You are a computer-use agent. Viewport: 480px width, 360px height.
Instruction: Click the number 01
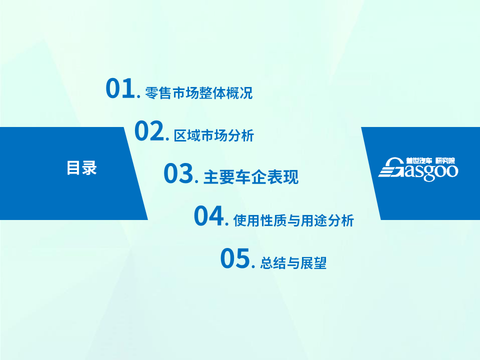120,88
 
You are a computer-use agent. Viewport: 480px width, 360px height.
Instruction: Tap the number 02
149,130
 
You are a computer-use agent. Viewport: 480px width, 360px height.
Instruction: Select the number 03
178,173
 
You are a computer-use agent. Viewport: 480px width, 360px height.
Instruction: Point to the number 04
209,216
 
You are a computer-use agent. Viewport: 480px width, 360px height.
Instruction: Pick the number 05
235,258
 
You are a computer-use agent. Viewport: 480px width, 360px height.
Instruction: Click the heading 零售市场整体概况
198,93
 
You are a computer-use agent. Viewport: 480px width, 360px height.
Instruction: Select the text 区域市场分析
214,135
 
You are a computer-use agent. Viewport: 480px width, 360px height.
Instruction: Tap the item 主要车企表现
250,177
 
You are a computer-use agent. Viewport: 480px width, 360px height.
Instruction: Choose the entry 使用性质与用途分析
293,220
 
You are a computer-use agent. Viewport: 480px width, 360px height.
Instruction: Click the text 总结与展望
293,263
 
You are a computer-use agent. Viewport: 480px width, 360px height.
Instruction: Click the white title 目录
81,168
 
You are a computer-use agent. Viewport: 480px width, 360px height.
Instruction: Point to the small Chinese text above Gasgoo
430,160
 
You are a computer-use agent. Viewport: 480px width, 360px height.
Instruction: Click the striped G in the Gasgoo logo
391,168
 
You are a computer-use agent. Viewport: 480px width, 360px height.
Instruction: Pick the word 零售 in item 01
158,93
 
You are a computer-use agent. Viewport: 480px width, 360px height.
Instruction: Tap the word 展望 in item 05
313,263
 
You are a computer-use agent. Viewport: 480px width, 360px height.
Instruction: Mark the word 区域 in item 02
187,135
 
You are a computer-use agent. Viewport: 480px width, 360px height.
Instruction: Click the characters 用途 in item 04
314,220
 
